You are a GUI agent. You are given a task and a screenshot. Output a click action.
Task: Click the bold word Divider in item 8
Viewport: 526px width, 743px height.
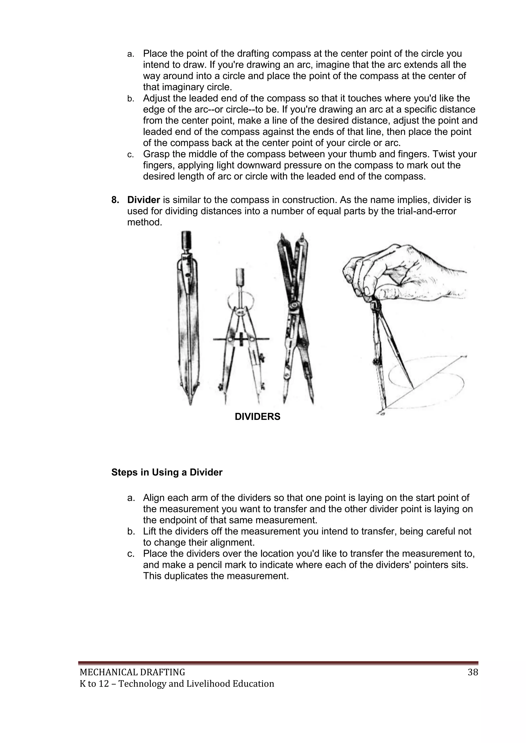pos(144,200)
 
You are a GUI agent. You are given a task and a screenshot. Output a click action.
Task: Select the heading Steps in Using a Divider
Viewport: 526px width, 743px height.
pos(167,472)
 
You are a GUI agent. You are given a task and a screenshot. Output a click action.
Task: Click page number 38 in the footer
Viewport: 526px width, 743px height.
pos(473,672)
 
